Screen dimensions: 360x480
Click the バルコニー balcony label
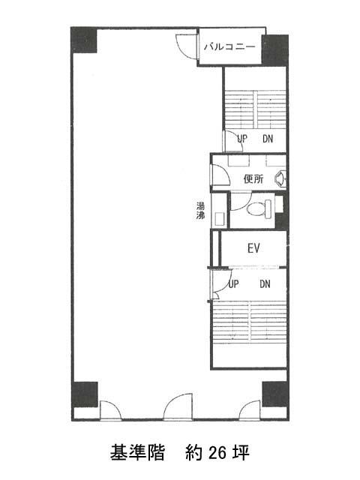tap(229, 46)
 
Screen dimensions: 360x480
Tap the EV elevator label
tap(253, 248)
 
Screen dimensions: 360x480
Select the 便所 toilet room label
tap(253, 178)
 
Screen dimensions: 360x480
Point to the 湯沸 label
tap(200, 210)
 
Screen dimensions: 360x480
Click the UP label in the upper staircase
tap(242, 139)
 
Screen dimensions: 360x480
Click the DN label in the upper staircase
tap(268, 139)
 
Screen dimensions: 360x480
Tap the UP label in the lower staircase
tap(233, 284)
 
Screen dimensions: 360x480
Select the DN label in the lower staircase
tap(265, 284)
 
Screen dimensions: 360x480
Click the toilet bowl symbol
tap(259, 209)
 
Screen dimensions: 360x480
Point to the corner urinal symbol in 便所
tap(281, 178)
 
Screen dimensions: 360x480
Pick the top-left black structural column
tap(84, 40)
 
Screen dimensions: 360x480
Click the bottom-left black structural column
tap(85, 394)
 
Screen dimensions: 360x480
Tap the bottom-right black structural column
tap(275, 394)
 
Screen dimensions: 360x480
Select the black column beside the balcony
tap(275, 50)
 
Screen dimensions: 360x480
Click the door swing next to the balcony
tap(186, 46)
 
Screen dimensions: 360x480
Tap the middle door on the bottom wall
tap(178, 406)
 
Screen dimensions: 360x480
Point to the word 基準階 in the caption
tap(137, 452)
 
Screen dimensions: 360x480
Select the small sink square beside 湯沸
tap(220, 219)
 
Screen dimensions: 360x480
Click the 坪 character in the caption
tap(241, 452)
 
